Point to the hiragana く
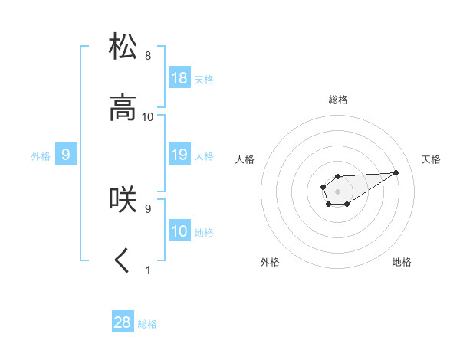(x=123, y=260)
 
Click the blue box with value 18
(x=179, y=78)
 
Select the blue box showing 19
(x=179, y=155)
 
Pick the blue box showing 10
(x=179, y=231)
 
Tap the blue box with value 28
(x=123, y=322)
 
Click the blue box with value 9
(x=66, y=155)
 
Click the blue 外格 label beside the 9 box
(x=41, y=156)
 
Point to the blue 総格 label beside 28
(x=147, y=324)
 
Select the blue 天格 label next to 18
(x=204, y=80)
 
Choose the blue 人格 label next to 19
(x=204, y=156)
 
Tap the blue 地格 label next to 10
(x=204, y=233)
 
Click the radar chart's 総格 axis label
(x=337, y=100)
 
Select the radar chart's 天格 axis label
(x=431, y=159)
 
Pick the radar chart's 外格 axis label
(x=270, y=262)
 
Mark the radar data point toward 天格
(x=396, y=172)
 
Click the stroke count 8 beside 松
(x=148, y=56)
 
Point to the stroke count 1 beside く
(x=148, y=270)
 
